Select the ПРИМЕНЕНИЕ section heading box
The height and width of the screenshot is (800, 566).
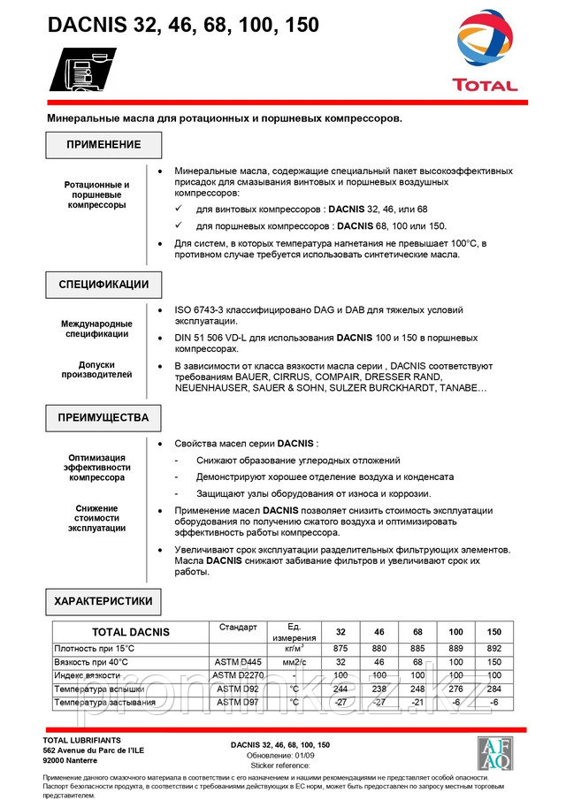point(103,145)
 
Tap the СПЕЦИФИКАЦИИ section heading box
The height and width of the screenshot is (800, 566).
point(103,285)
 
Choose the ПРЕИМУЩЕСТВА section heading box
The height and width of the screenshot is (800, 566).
point(103,417)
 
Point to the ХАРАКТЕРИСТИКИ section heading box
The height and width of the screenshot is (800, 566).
point(103,601)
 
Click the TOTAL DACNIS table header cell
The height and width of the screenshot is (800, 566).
point(130,632)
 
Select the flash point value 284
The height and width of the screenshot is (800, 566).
point(493,689)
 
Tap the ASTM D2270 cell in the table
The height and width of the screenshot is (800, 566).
point(237,675)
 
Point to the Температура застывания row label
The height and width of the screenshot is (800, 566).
point(104,703)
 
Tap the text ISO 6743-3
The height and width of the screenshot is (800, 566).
point(203,310)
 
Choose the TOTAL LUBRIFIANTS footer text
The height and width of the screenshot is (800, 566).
point(82,739)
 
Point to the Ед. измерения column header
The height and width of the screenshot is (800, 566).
point(288,632)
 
